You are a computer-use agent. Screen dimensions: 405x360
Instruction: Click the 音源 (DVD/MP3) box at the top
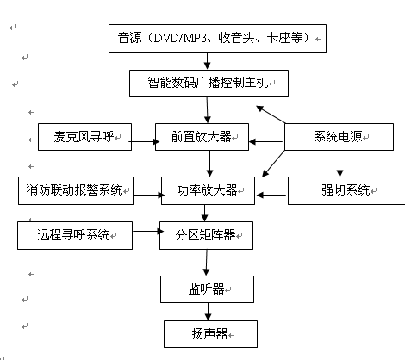pos(217,38)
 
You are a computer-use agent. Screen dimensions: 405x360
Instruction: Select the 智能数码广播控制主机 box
pos(209,84)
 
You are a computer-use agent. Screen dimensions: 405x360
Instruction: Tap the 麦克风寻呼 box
pos(84,137)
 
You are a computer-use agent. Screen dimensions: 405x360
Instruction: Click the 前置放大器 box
pos(202,137)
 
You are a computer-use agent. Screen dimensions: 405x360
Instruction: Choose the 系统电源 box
pos(339,137)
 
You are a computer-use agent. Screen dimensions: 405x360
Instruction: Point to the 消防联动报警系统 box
pos(76,190)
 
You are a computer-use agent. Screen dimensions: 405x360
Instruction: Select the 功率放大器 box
pos(208,190)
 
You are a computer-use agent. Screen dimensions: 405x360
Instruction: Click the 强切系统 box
pos(346,190)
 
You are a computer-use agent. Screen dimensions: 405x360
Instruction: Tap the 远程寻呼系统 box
pos(75,235)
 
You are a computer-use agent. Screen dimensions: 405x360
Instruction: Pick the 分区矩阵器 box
pos(206,235)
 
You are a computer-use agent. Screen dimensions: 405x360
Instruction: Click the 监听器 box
pos(207,289)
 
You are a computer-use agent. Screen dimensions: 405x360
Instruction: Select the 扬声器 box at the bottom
pos(210,334)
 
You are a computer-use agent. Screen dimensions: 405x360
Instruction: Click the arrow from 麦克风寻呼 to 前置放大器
pos(144,141)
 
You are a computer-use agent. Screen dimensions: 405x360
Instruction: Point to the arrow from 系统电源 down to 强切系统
pos(340,164)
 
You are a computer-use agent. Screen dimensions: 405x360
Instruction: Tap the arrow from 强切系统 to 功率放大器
pos(271,196)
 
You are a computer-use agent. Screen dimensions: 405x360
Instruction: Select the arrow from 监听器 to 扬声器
pos(208,312)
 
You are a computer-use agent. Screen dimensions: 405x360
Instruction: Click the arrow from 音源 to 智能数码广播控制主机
pos(207,61)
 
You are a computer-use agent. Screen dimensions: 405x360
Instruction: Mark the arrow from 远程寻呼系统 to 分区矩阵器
pos(148,231)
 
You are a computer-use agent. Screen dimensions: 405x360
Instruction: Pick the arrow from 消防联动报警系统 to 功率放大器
pos(149,196)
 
